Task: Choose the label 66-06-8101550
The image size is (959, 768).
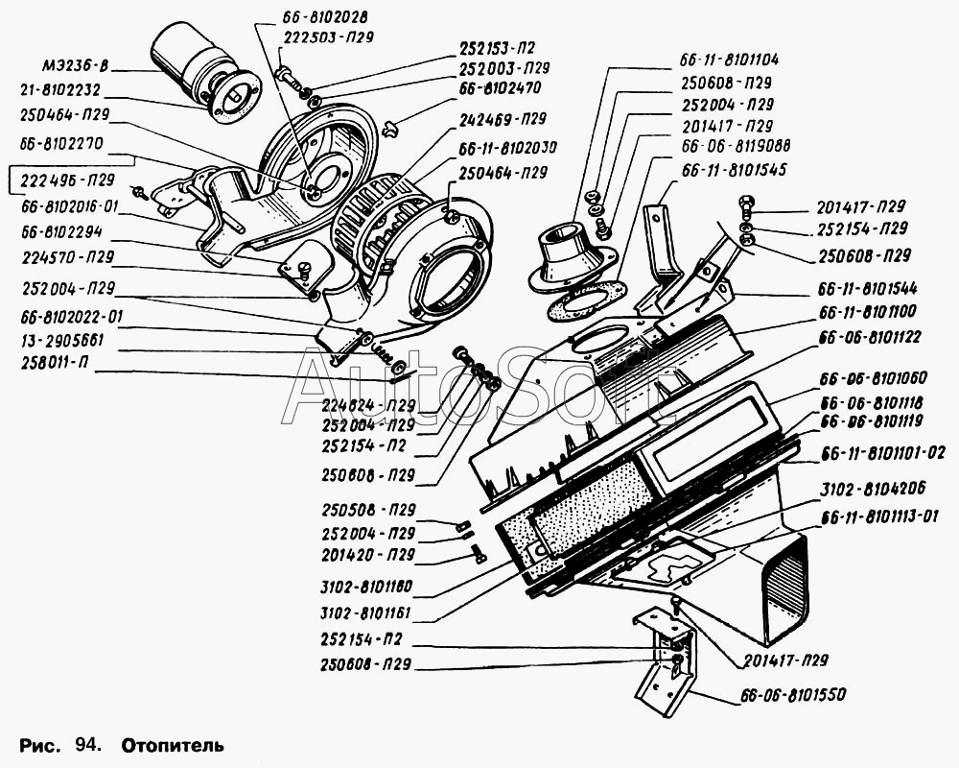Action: (x=793, y=694)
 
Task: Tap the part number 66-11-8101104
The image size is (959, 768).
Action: (x=729, y=60)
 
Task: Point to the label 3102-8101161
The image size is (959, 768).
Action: (x=365, y=613)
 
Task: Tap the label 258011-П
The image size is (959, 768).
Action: (x=54, y=362)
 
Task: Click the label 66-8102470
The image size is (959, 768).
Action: (x=500, y=88)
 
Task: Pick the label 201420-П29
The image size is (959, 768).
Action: (x=368, y=555)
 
